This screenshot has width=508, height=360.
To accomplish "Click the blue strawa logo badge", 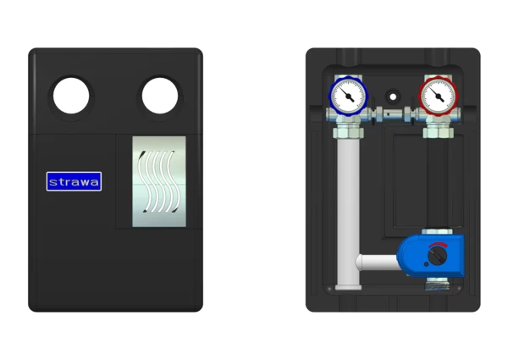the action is pyautogui.click(x=74, y=181).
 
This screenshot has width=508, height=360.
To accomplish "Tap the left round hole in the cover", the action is pyautogui.click(x=71, y=96).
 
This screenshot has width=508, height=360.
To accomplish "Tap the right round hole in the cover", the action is pyautogui.click(x=160, y=96).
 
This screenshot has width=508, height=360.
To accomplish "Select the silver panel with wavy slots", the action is pyautogui.click(x=159, y=181).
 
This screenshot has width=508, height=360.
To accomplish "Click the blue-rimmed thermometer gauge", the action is pyautogui.click(x=349, y=96).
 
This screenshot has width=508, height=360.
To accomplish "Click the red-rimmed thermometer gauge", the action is pyautogui.click(x=438, y=96).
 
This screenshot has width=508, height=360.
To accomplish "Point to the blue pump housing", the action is pyautogui.click(x=431, y=256).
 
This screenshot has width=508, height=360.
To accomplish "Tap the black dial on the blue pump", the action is pyautogui.click(x=438, y=256).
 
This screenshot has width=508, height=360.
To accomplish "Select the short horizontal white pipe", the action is pyautogui.click(x=378, y=263).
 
